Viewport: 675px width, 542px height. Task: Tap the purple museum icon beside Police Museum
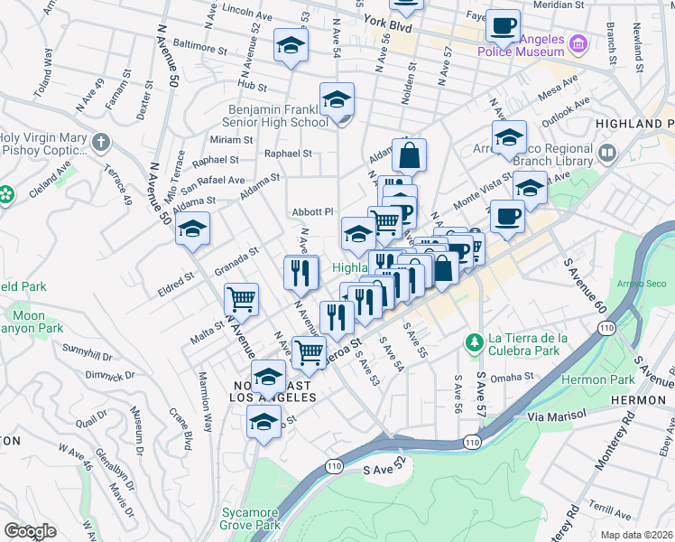[x=579, y=42]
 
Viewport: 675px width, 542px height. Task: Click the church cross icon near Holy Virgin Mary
[x=100, y=142]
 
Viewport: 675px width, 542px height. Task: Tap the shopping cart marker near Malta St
[x=241, y=299]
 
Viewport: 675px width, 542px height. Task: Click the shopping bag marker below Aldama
[x=409, y=155]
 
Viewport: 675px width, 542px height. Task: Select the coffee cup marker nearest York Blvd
[x=503, y=25]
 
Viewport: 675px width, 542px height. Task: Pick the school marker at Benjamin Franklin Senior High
[x=337, y=99]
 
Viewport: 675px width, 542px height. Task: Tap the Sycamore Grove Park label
[x=251, y=519]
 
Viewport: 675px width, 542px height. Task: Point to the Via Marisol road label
[x=557, y=416]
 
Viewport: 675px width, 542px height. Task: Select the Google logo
[x=30, y=531]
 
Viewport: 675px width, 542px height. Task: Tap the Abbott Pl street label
[x=312, y=211]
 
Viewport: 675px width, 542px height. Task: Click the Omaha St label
[x=513, y=377]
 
